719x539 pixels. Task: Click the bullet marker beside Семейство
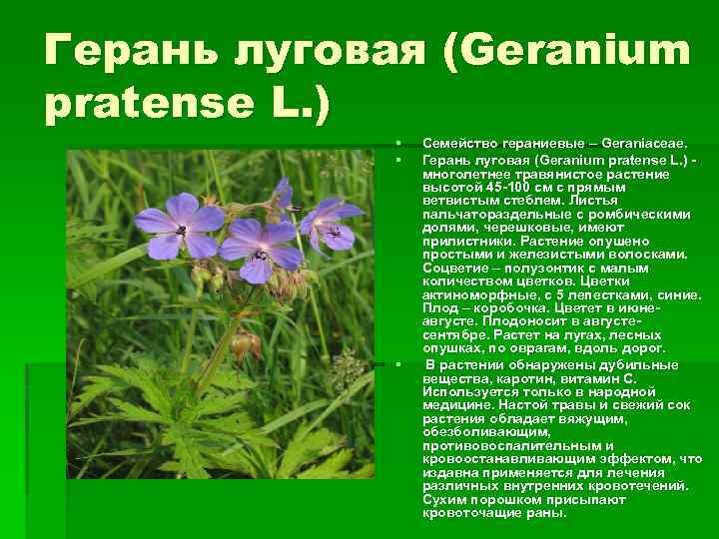click(x=397, y=144)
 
